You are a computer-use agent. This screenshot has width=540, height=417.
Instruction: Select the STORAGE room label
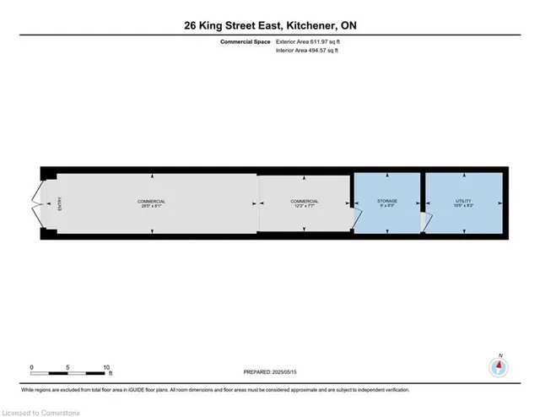[386, 203]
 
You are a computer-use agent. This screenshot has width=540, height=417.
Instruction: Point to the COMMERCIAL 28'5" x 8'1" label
[152, 203]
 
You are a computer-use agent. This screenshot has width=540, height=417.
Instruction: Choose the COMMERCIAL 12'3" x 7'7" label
[305, 203]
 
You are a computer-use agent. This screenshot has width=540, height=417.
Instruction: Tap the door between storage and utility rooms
[425, 222]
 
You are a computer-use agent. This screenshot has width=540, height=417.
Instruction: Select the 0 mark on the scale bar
[31, 367]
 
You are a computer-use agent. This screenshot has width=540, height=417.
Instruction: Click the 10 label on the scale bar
[107, 367]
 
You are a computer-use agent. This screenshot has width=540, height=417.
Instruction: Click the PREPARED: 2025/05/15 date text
[270, 372]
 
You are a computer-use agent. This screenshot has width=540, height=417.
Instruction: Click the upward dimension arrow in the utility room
[464, 176]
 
